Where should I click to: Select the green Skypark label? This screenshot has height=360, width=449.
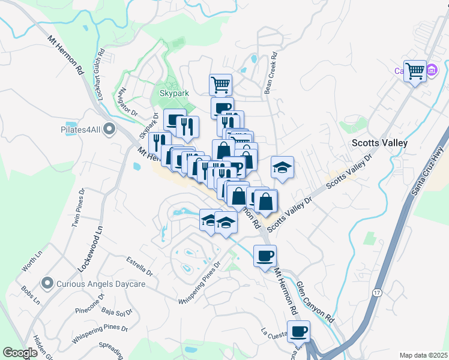coord(173,94)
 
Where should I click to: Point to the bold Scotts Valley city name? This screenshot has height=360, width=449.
coord(379,143)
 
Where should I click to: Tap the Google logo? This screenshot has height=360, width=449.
coord(20,353)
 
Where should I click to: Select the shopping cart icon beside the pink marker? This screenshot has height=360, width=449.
coord(415,71)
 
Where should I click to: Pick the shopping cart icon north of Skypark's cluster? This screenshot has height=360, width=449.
coord(220,84)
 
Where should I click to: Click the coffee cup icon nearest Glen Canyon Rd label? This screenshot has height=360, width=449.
coord(265,256)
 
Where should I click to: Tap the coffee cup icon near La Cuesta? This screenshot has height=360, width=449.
coord(298,331)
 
